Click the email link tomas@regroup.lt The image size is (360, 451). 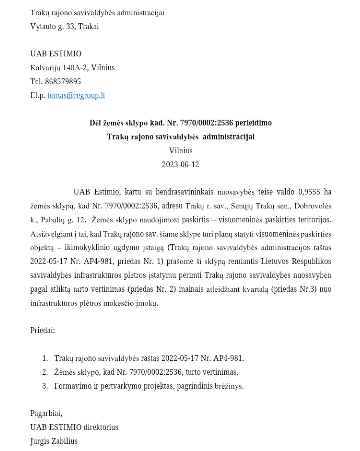point(76,95)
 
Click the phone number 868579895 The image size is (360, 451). point(63,81)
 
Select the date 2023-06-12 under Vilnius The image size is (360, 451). point(180,164)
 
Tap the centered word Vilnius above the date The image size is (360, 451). point(181,150)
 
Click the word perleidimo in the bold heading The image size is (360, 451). point(253,123)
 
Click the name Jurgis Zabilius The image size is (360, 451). point(54,441)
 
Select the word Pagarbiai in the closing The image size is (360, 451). point(46,413)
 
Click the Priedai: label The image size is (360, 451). point(43,330)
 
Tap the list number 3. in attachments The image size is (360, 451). point(45,386)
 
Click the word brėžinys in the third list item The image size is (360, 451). point(229,386)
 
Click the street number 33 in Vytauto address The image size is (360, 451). point(70,26)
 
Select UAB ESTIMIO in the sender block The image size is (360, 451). point(56,54)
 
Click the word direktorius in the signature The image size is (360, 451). point(101,427)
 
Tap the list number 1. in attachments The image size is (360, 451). point(45,358)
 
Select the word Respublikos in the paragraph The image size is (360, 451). point(311,261)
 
